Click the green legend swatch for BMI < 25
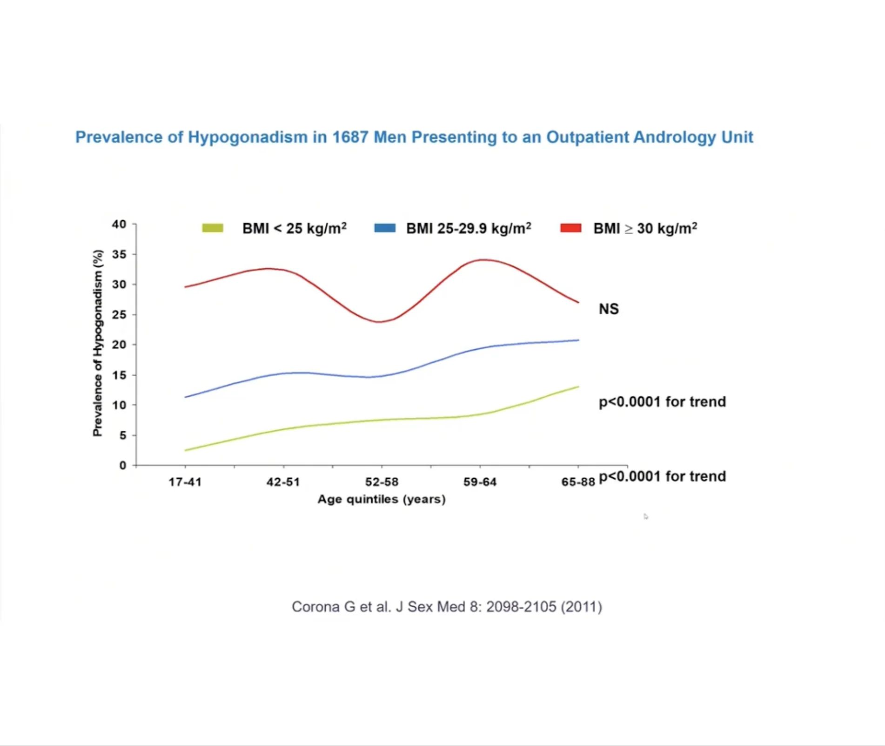[x=213, y=228]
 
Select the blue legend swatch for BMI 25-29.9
[x=385, y=228]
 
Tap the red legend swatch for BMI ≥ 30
[x=571, y=228]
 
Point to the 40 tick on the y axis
[x=119, y=224]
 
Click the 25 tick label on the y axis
[x=119, y=315]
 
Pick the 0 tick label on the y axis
[x=122, y=465]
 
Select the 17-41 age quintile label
[x=185, y=482]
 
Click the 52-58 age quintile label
[x=382, y=482]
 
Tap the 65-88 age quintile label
[x=578, y=482]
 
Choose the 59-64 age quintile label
[x=480, y=482]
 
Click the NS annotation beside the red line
[x=609, y=309]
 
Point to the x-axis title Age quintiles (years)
[x=382, y=499]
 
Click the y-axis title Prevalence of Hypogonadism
[x=98, y=343]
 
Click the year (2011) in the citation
[x=581, y=607]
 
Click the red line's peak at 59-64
[x=484, y=260]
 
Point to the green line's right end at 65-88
[x=578, y=387]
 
